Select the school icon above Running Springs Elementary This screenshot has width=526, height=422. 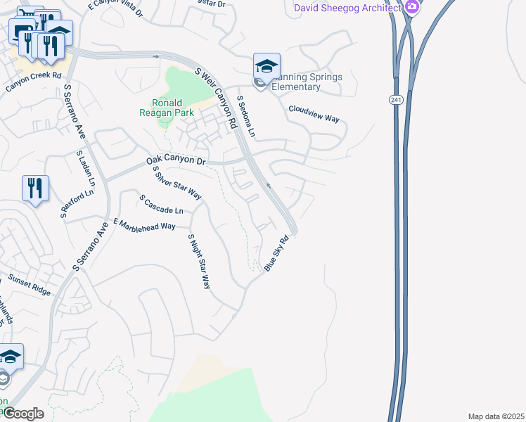(267, 68)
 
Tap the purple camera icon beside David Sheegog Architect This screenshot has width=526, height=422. (413, 8)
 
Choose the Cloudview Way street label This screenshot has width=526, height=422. (314, 114)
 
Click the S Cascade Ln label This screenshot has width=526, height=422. (161, 205)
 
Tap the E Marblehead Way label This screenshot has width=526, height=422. (144, 224)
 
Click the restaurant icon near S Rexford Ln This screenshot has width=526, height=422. (35, 188)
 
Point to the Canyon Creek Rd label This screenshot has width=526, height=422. (34, 82)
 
